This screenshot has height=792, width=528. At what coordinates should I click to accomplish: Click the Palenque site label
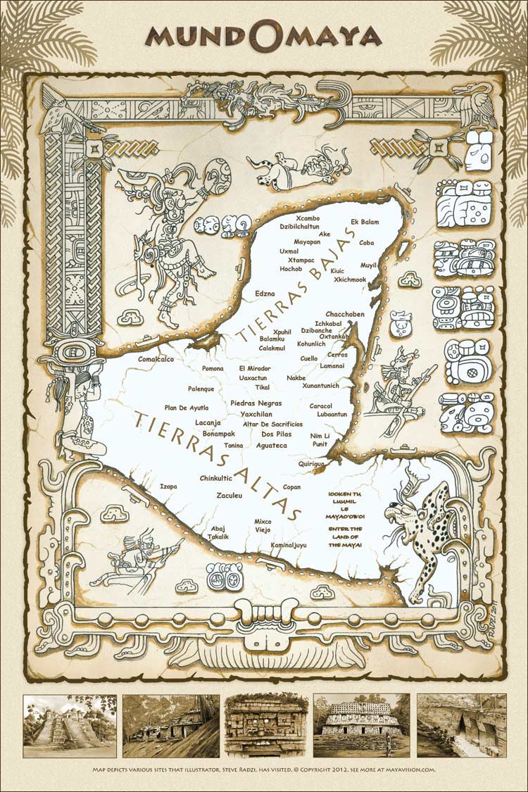[x=206, y=389]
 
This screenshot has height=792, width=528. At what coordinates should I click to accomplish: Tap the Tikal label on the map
[x=262, y=387]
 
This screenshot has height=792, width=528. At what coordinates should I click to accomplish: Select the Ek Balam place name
[x=365, y=222]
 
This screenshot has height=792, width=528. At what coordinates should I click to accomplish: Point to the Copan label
[x=291, y=487]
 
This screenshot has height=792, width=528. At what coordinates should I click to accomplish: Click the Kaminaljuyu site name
[x=289, y=545]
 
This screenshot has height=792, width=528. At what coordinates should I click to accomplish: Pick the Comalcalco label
[x=156, y=359]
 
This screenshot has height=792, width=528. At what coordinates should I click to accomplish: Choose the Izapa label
[x=168, y=486]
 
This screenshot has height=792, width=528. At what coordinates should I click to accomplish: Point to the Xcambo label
[x=308, y=218]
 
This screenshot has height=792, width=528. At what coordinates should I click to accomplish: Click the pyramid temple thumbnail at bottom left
[x=70, y=726]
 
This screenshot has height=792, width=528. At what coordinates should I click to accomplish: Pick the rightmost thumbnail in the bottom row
[x=461, y=726]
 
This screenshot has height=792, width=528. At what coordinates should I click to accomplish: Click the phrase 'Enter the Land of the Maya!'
[x=345, y=536]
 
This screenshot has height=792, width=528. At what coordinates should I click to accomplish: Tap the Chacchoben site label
[x=344, y=314]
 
